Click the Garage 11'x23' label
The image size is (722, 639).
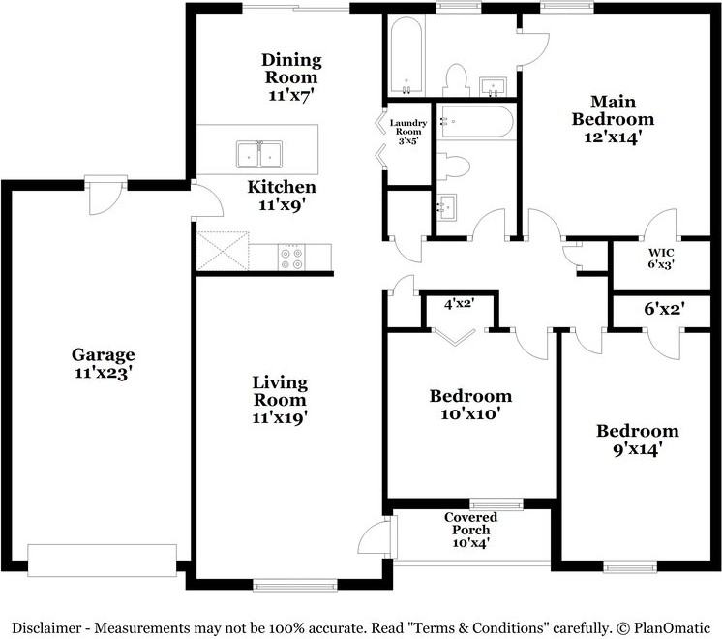(103, 363)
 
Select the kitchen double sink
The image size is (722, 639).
(258, 154)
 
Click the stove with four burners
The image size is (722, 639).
(290, 257)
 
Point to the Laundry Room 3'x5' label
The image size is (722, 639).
(408, 131)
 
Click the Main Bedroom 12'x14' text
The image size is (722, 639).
(613, 120)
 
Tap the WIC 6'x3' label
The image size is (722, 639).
(661, 258)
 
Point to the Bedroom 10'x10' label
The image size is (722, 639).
(470, 405)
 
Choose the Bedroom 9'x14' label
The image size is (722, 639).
(637, 440)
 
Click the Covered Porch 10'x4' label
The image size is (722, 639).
(469, 530)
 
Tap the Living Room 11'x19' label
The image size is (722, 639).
(280, 399)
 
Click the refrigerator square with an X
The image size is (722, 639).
(223, 249)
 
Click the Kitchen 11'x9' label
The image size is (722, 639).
(282, 196)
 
